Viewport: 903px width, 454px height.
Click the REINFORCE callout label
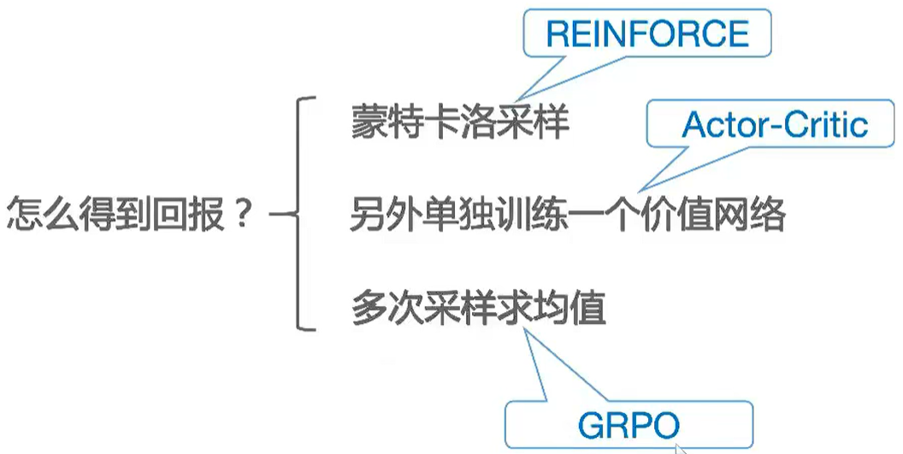tap(646, 35)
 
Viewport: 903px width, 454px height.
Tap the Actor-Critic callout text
tap(775, 126)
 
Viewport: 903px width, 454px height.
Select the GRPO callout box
tap(629, 424)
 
